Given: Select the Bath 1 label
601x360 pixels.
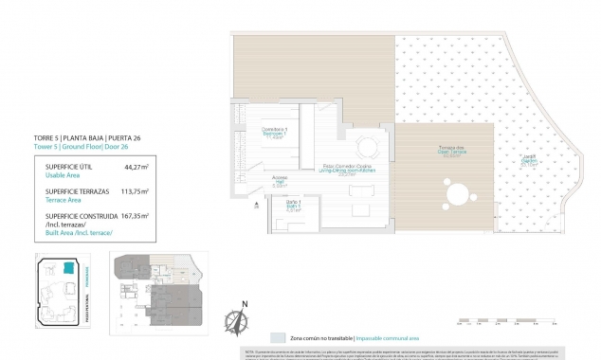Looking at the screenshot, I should [x=294, y=206].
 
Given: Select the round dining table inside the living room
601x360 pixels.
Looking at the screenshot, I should [x=368, y=147].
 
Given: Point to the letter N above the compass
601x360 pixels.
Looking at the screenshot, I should [x=244, y=304].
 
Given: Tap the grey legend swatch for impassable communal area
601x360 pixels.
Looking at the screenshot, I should [x=278, y=337].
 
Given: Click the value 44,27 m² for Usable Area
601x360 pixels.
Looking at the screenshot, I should [x=137, y=167].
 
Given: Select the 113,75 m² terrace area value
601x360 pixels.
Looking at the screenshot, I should [x=136, y=190].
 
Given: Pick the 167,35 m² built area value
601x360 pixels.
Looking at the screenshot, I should [x=136, y=215].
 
